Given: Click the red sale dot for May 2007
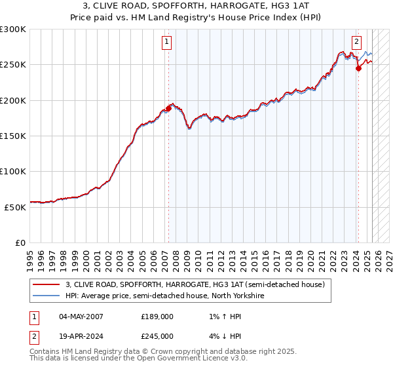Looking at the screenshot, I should pyautogui.click(x=168, y=109).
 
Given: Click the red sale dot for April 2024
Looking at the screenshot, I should pyautogui.click(x=358, y=68).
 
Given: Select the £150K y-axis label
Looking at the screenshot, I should pyautogui.click(x=13, y=136).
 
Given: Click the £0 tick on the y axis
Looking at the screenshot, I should pyautogui.click(x=21, y=242).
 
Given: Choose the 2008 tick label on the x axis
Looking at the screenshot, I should pyautogui.click(x=176, y=257).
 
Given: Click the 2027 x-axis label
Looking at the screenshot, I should pyautogui.click(x=388, y=257).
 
